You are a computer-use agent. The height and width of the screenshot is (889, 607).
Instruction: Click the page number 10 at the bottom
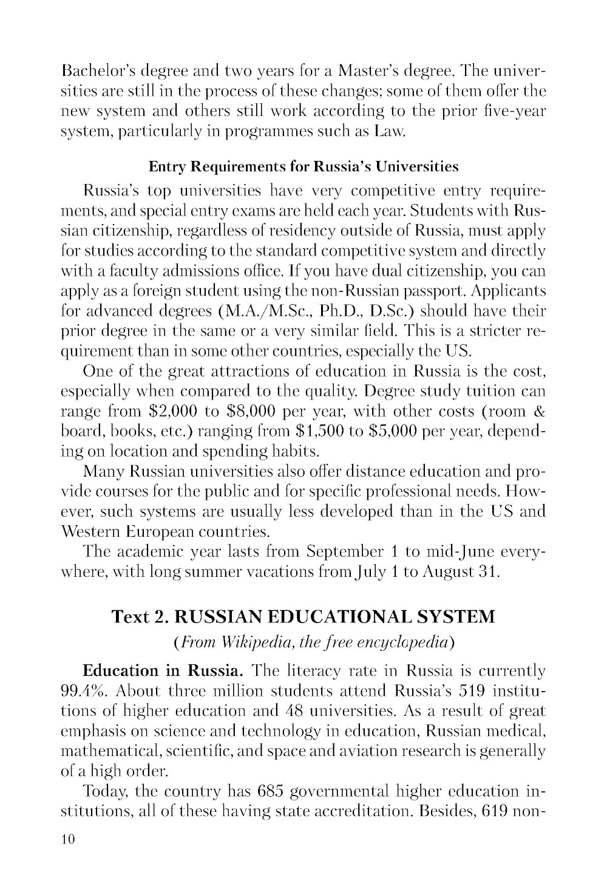[x=67, y=840]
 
